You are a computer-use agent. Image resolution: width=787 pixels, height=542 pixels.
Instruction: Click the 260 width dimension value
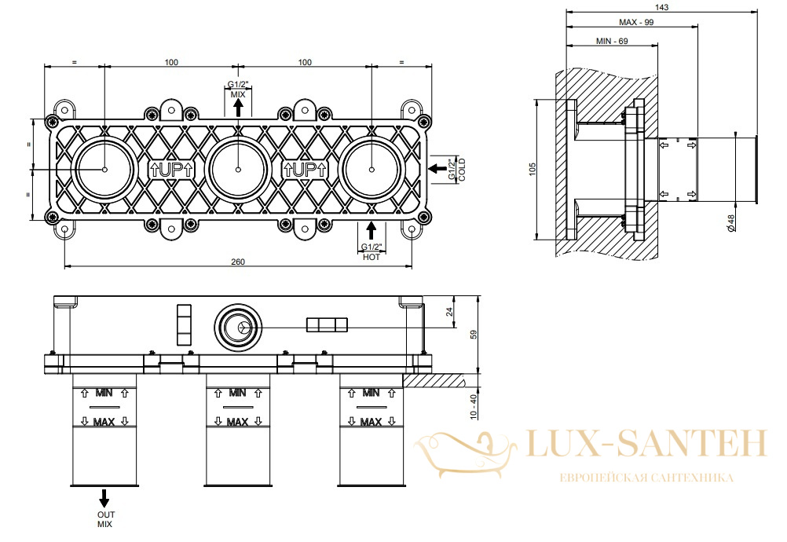point(238,262)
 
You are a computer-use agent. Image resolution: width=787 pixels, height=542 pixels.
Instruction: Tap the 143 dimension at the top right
point(661,7)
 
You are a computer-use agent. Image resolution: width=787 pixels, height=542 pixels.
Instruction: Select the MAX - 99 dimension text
point(636,22)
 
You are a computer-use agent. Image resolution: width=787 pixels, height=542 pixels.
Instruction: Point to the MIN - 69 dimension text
point(612,41)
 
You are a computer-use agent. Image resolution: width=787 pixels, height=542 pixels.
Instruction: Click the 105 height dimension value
point(533,169)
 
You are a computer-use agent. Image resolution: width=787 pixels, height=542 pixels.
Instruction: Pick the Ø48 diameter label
point(730,223)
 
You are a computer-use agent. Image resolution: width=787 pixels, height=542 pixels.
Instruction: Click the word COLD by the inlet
point(463,170)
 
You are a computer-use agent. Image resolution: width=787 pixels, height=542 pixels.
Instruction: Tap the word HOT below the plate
point(372,257)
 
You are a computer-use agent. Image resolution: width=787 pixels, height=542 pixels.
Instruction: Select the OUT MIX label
point(105,519)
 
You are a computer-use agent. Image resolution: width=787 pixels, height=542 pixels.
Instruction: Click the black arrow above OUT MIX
point(104,498)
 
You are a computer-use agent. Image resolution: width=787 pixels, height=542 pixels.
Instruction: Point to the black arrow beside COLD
point(437,169)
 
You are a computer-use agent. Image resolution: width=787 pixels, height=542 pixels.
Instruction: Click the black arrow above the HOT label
point(371,230)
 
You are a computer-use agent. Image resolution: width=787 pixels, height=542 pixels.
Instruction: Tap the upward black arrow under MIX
point(238,108)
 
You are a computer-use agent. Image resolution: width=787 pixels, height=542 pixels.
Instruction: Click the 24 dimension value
point(450,312)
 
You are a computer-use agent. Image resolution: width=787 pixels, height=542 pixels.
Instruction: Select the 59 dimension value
point(474,335)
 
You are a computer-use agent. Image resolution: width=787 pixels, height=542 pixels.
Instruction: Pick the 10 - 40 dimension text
point(474,407)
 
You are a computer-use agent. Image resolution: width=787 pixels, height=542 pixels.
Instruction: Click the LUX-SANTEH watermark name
point(647,444)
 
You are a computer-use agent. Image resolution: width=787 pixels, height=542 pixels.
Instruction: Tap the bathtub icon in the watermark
point(464,454)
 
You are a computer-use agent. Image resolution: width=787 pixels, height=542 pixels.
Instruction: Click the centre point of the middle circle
point(238,169)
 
